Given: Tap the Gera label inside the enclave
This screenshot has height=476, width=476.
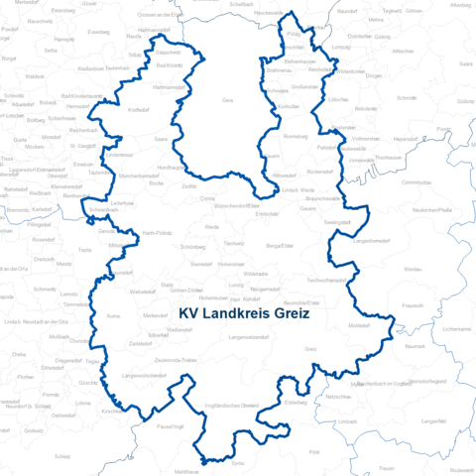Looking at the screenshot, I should coord(227,100).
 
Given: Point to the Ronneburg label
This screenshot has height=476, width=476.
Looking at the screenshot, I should coord(297,135).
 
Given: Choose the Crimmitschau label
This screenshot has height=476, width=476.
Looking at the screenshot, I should coord(416,182).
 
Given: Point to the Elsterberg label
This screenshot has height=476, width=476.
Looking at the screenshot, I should coord(297,403).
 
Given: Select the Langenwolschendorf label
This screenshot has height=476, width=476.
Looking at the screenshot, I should coord(144,376).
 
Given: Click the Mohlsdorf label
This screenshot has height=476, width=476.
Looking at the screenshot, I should coord(359,325).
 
